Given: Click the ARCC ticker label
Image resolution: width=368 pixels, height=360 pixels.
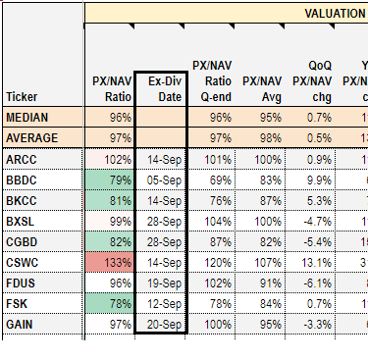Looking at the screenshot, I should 22,158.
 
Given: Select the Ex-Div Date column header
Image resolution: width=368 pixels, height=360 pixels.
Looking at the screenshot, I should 160,87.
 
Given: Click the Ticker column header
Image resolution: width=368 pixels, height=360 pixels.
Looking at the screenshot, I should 22,96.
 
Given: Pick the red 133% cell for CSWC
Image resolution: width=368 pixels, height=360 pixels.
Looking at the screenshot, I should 110,261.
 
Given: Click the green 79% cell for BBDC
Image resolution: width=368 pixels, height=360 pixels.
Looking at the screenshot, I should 110,179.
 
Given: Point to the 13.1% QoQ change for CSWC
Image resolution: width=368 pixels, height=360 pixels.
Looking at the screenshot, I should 315,261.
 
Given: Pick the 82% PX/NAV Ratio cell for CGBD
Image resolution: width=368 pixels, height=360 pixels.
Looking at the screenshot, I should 110,240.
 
